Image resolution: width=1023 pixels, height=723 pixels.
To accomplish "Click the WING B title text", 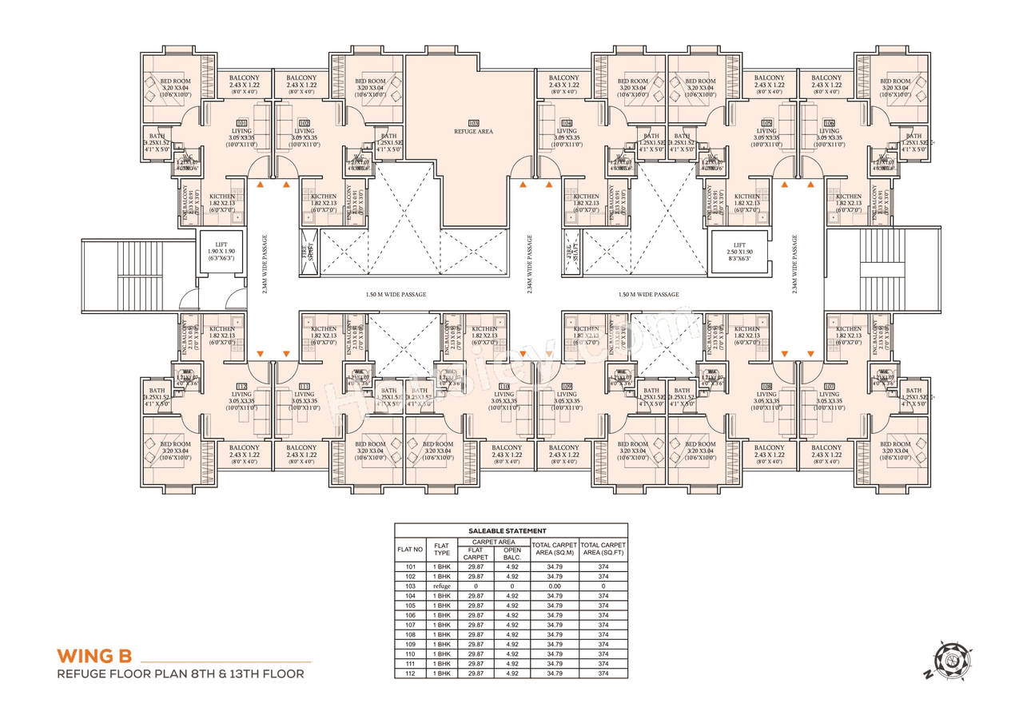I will [x=94, y=656].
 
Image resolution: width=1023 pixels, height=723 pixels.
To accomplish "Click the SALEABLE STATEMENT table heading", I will [x=511, y=530].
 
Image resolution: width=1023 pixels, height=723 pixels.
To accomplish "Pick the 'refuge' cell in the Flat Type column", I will [x=442, y=586].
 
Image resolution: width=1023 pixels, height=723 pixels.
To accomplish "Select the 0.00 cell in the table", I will [x=555, y=586].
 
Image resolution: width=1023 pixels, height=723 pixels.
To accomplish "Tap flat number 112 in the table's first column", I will [x=410, y=673].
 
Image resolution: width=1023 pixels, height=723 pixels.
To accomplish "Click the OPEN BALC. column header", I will [x=511, y=553].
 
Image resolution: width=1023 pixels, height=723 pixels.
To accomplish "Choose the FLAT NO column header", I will [x=410, y=549].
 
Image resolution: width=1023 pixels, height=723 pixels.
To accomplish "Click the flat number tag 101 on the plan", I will [x=241, y=123].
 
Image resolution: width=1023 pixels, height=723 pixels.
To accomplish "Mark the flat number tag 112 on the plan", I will [x=241, y=387].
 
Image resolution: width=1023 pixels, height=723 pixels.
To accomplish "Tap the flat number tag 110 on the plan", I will [x=504, y=387].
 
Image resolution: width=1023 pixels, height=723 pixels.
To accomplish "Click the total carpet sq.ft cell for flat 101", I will [x=603, y=566].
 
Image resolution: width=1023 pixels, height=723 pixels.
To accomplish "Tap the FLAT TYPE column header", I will [x=442, y=549].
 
